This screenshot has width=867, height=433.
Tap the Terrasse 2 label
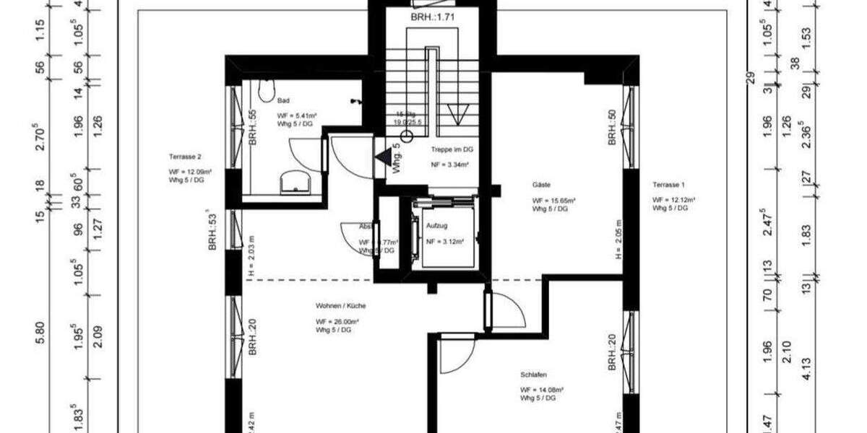click(x=185, y=157)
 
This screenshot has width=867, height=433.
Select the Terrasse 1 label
click(x=668, y=184)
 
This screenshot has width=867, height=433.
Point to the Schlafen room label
click(x=532, y=375)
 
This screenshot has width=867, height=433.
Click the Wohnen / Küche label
click(x=335, y=305)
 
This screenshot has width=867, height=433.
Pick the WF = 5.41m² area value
click(x=298, y=115)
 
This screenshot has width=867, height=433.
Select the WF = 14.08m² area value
click(x=541, y=390)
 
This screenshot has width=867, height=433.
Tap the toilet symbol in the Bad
click(x=264, y=91)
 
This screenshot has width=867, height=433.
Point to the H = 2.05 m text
click(x=618, y=240)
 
